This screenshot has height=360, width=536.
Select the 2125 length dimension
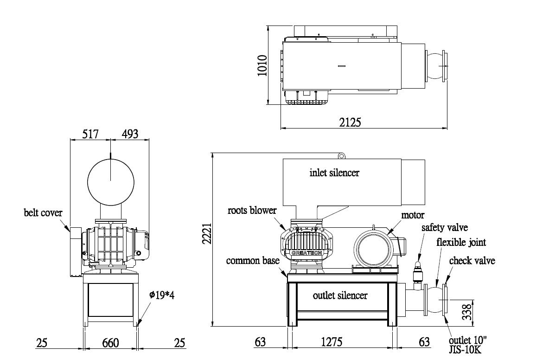pyautogui.click(x=350, y=122)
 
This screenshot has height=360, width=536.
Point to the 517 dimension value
pyautogui.click(x=90, y=135)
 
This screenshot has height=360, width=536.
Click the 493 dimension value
pyautogui.click(x=130, y=135)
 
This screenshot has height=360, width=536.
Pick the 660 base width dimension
pyautogui.click(x=110, y=343)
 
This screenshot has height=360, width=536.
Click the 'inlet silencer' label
pyautogui.click(x=334, y=173)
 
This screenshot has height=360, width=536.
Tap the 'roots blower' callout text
pyautogui.click(x=252, y=210)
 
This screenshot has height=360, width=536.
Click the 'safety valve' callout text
pyautogui.click(x=444, y=228)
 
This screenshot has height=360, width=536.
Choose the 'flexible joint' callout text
pyautogui.click(x=461, y=242)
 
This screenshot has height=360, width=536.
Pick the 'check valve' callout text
pyautogui.click(x=472, y=261)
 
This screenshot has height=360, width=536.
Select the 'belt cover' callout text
pyautogui.click(x=43, y=213)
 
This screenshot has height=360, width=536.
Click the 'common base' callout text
pyautogui.click(x=253, y=261)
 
